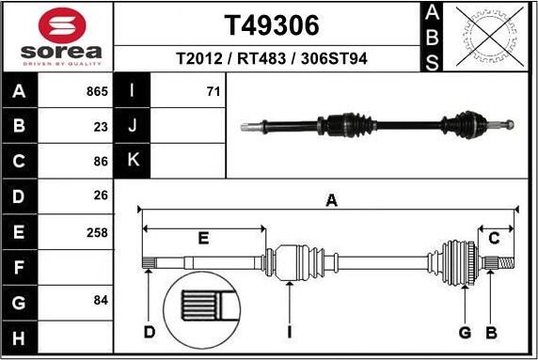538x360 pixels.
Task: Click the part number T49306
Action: click(x=272, y=24)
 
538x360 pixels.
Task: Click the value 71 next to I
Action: click(x=212, y=92)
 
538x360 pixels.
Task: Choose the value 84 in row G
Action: click(x=99, y=301)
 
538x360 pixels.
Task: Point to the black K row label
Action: click(x=132, y=160)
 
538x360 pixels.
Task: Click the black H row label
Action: click(x=19, y=336)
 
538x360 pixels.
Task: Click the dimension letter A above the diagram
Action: click(x=330, y=199)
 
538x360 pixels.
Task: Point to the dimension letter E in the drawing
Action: click(x=203, y=238)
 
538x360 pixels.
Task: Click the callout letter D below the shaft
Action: click(x=149, y=332)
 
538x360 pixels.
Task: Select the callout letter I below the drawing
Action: click(x=290, y=332)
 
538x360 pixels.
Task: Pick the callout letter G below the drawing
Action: click(x=465, y=332)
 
